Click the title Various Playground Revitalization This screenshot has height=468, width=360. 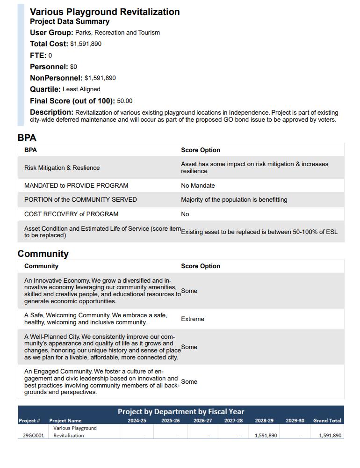[105, 12]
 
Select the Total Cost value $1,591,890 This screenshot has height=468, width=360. [86, 44]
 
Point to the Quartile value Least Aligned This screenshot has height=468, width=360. [81, 89]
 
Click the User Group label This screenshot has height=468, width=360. [51, 33]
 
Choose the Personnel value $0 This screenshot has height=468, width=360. [73, 67]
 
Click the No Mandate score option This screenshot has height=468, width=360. [198, 186]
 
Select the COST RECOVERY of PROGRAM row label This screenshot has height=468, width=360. [71, 214]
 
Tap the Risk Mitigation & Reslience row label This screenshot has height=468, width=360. [62, 168]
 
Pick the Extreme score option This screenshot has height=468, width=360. [193, 319]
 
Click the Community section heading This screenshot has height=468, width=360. [43, 254]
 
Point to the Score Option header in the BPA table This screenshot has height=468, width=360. [200, 150]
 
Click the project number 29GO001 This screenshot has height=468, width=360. [34, 436]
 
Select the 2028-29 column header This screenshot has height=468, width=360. [264, 421]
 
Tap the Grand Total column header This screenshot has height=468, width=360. [327, 421]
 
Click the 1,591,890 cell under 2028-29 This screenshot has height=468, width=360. [266, 436]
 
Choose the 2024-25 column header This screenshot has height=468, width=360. [137, 421]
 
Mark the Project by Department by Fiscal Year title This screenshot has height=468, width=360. [181, 412]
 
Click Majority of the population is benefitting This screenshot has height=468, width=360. [234, 200]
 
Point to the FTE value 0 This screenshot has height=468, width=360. [50, 56]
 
